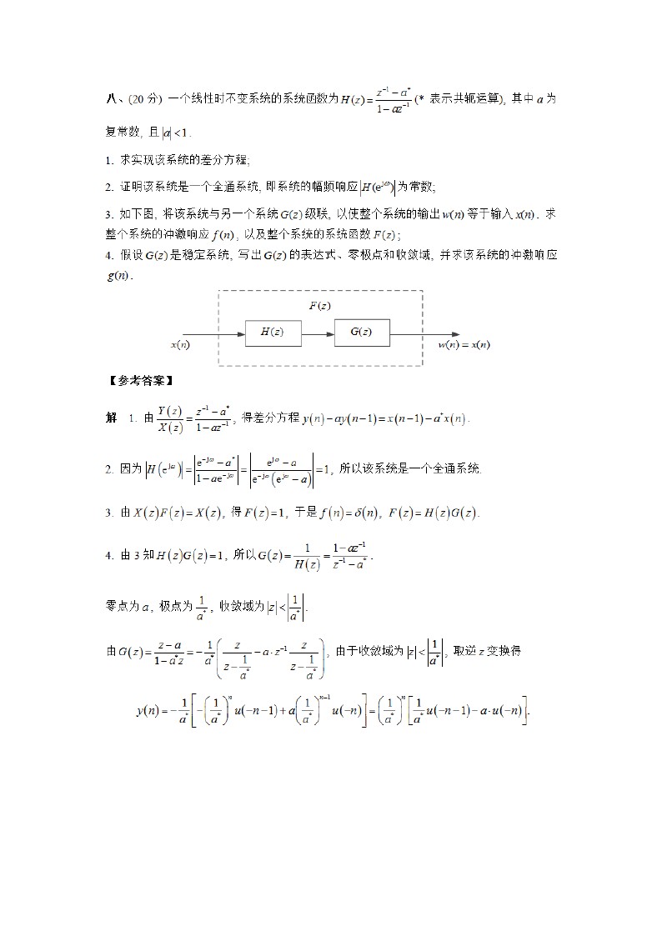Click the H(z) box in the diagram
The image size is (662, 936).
click(x=273, y=332)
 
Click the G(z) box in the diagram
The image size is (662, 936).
click(x=361, y=332)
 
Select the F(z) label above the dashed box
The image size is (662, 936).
click(x=319, y=306)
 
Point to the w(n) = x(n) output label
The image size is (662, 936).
click(x=464, y=343)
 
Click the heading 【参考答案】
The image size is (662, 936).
click(x=140, y=381)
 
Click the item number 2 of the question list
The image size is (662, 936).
click(x=109, y=187)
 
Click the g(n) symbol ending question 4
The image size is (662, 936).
click(x=118, y=275)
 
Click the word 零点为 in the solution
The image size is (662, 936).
click(x=121, y=608)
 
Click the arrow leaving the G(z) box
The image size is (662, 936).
click(x=424, y=332)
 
